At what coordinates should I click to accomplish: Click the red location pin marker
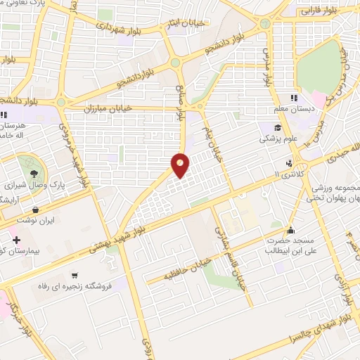tap(181, 164)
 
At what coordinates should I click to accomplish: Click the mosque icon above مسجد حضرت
tap(290, 230)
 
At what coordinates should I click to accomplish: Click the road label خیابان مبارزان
tap(109, 109)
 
